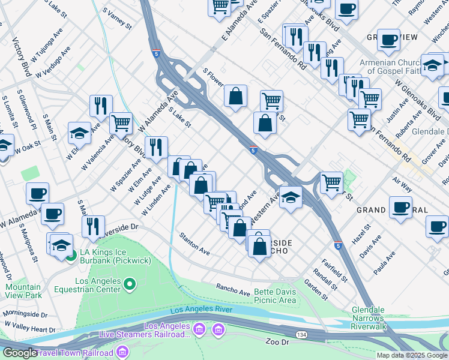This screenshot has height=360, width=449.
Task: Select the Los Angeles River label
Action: click(x=200, y=310)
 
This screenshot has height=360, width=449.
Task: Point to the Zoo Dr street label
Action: click(x=277, y=341)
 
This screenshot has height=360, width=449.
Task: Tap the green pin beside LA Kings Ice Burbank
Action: click(x=71, y=259)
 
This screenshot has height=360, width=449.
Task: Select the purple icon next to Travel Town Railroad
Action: click(x=124, y=350)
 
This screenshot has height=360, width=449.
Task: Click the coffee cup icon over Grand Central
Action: click(x=400, y=206)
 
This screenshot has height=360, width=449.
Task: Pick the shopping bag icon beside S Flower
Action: click(x=236, y=95)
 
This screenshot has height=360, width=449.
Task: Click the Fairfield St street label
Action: click(x=334, y=270)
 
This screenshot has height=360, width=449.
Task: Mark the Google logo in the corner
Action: click(x=20, y=353)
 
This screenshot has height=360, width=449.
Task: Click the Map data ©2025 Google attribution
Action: click(x=412, y=355)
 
